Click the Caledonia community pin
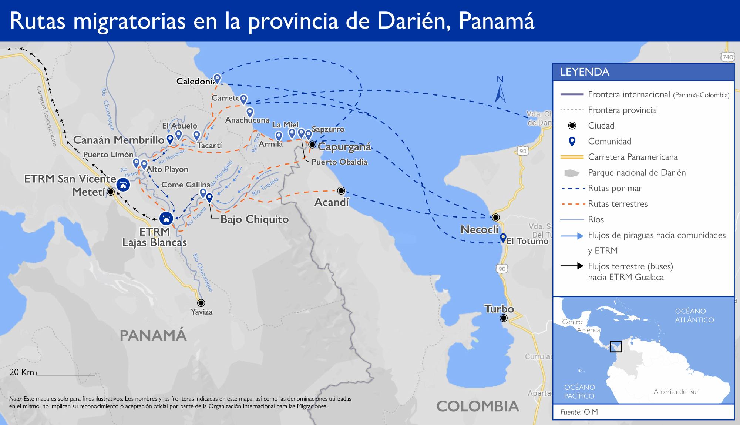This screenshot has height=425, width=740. [217, 79]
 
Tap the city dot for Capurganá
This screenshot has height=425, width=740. [312, 144]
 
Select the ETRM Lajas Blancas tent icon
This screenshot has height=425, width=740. [166, 218]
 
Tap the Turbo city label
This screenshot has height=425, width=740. [499, 309]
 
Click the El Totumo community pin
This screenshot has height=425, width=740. [503, 237]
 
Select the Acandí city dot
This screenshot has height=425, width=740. [341, 191]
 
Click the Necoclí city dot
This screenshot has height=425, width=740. [495, 218]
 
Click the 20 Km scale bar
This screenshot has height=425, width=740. [66, 374]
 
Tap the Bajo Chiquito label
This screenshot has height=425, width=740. [254, 219]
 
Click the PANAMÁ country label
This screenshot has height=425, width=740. [153, 336]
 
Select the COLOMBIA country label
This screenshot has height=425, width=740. [477, 406]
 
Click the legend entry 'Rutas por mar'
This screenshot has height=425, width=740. [615, 188]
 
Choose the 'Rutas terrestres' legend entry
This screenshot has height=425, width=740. [618, 204]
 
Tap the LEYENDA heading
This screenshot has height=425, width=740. [585, 72]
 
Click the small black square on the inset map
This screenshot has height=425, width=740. [616, 346]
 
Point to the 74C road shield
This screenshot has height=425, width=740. [727, 57]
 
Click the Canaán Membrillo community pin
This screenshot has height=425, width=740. [170, 139]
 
